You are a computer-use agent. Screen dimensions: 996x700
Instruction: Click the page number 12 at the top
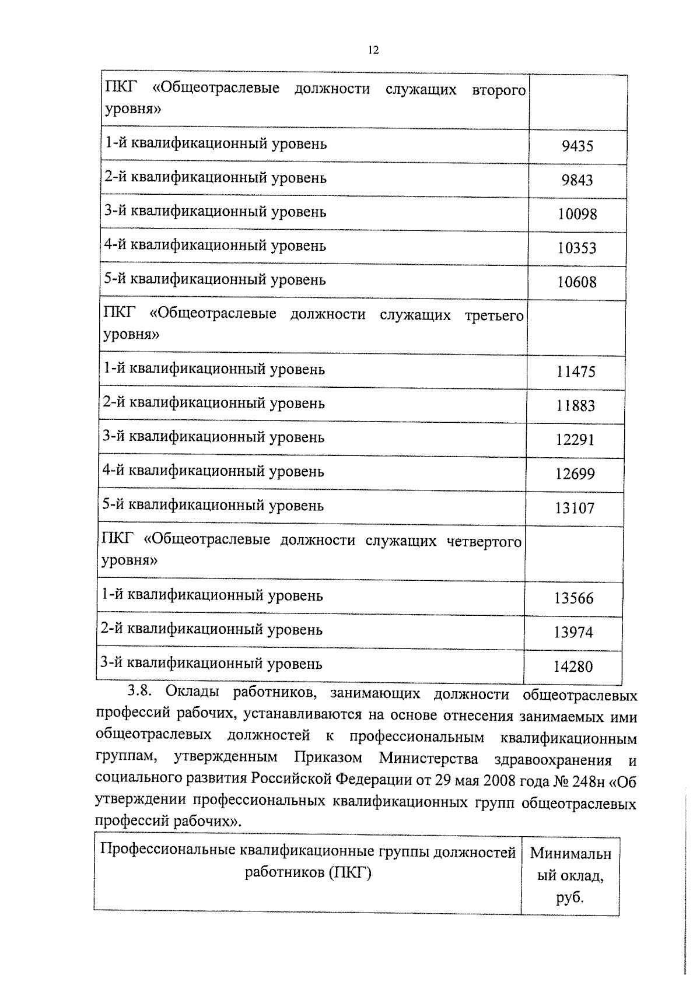click(374, 51)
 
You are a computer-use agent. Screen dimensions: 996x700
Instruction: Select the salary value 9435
click(577, 146)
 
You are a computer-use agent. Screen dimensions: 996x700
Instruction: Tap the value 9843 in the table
click(577, 180)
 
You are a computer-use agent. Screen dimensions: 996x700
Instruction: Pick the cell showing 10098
click(577, 215)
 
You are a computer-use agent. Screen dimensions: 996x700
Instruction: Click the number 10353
click(577, 248)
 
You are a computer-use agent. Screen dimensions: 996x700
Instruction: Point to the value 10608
click(577, 283)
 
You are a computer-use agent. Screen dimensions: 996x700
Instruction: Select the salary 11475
click(576, 372)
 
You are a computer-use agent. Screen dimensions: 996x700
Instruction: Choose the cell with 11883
click(576, 406)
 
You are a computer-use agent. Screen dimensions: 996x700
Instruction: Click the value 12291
click(575, 440)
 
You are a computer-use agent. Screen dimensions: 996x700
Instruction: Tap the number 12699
click(575, 474)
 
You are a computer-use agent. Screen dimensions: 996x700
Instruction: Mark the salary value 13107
click(575, 508)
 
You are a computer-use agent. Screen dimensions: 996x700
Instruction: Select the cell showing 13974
click(573, 632)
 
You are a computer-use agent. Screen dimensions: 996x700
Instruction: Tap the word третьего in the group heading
click(494, 316)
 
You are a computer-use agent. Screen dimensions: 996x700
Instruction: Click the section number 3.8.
click(141, 692)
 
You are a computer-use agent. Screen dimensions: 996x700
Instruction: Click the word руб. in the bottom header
click(570, 898)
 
